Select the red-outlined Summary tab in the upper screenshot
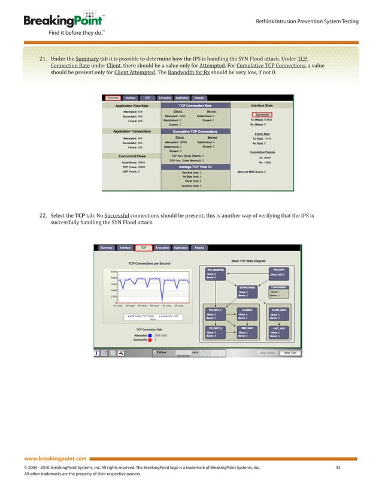(113, 97)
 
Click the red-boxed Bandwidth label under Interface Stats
(261, 114)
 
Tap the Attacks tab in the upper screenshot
(199, 97)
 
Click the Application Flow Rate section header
(132, 105)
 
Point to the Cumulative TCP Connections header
(195, 130)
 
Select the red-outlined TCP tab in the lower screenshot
(144, 248)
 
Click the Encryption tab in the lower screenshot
(162, 248)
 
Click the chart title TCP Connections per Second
(149, 263)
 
